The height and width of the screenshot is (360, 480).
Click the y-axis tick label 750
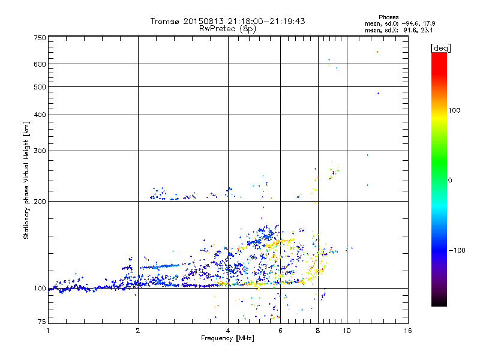coord(40,37)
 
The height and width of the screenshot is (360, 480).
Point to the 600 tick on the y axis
coord(40,64)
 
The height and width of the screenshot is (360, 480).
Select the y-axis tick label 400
coord(40,115)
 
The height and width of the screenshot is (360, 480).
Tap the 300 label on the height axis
coord(40,151)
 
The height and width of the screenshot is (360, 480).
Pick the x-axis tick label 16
coord(407,331)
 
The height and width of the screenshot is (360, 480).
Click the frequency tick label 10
coord(346,331)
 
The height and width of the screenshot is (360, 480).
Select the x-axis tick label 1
coord(48,331)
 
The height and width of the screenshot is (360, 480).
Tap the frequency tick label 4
coord(228,331)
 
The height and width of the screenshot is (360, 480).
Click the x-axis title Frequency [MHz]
coord(228,338)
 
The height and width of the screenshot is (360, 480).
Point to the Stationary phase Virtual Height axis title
coord(26,180)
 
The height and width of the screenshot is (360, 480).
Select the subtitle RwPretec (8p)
coord(227,28)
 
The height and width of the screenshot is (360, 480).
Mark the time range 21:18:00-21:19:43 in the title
coord(259,21)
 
